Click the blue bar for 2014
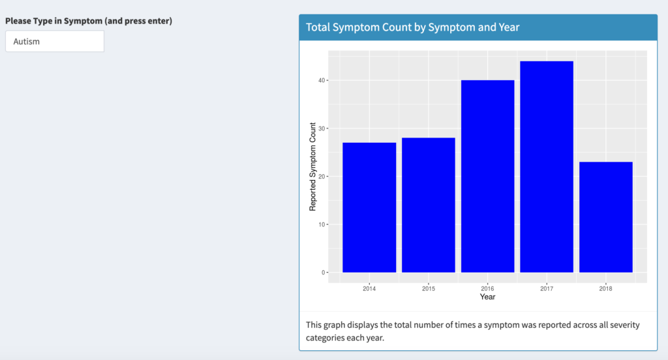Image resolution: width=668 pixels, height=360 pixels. coord(369,207)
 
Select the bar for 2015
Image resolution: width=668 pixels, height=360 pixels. coord(428,205)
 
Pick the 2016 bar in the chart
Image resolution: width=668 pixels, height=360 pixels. coord(487,176)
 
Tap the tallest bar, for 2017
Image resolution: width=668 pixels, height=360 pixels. coord(547,166)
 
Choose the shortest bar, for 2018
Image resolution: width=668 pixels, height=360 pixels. coord(606,217)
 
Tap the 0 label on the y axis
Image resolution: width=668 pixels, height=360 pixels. coord(324,273)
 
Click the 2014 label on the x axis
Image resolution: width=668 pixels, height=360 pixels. coord(369,288)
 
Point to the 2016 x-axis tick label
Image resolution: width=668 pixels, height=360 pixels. coord(487,288)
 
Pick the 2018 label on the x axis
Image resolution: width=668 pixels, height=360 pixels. coord(606,288)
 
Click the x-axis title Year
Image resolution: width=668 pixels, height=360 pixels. coord(487,297)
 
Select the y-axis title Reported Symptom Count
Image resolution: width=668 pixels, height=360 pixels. coord(312,166)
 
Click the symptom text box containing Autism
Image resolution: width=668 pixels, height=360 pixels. coord(55,41)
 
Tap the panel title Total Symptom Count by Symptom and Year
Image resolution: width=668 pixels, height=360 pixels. coord(412,27)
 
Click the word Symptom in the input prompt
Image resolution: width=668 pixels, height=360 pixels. coord(83,21)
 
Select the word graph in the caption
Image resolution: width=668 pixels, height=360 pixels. coord(334,325)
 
